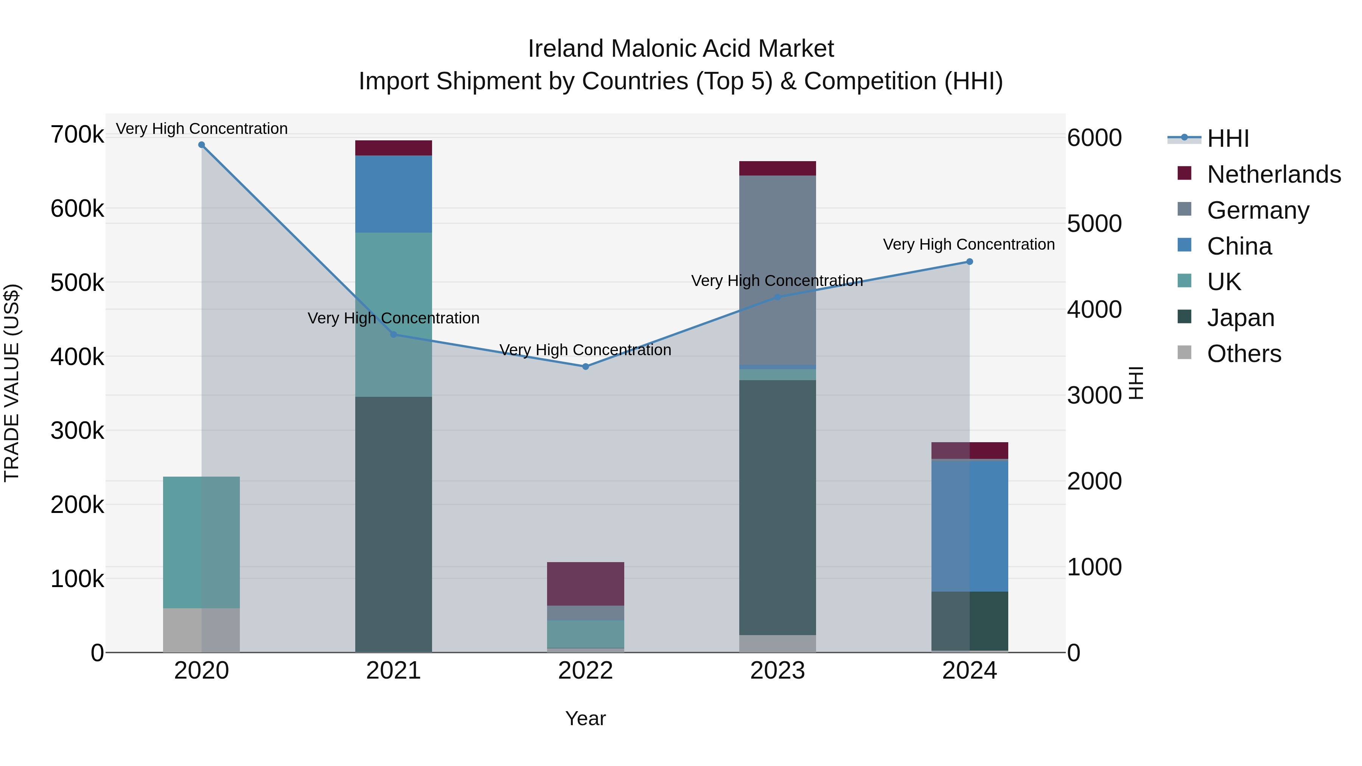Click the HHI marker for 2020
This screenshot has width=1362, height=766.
[201, 145]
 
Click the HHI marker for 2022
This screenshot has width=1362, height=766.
[585, 366]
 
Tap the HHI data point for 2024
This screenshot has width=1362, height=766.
[969, 262]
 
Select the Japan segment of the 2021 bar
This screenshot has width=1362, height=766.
[393, 524]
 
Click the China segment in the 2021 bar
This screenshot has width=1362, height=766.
[393, 194]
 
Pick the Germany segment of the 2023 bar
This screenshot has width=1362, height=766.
[777, 270]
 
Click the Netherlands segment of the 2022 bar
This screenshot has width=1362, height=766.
[585, 584]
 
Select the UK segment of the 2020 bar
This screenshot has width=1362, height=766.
[201, 542]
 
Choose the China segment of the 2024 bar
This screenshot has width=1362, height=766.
[969, 526]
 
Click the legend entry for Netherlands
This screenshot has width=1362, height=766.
[1273, 174]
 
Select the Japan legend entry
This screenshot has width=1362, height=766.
[1241, 318]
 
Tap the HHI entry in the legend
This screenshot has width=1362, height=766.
[1228, 138]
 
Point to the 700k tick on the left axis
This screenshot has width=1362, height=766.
[77, 134]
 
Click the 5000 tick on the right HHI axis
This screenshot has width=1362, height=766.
[1094, 224]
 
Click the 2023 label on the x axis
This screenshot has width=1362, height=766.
[777, 671]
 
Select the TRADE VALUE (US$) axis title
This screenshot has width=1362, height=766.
[12, 383]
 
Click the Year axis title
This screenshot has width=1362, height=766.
[585, 718]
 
